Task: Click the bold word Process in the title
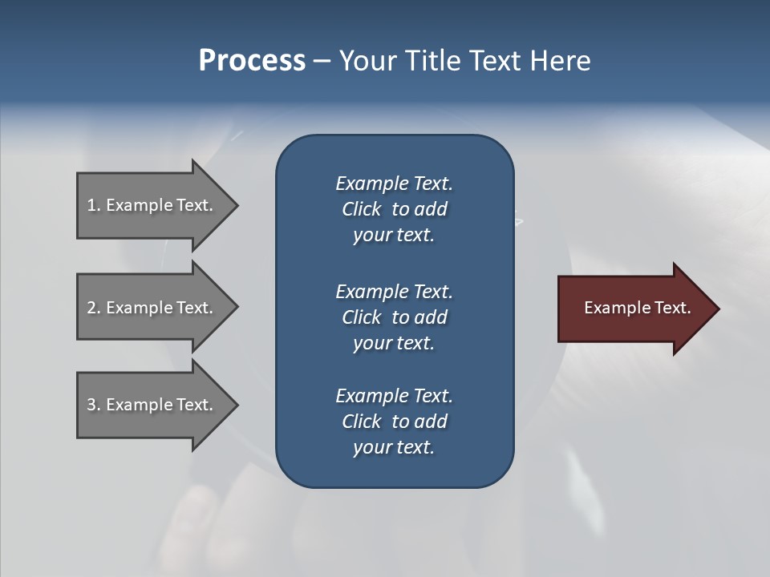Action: pyautogui.click(x=252, y=61)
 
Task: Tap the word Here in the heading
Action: pyautogui.click(x=559, y=61)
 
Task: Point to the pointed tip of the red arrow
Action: pyautogui.click(x=717, y=309)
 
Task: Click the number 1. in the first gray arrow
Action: pyautogui.click(x=94, y=205)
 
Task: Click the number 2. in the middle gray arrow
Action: pyautogui.click(x=94, y=308)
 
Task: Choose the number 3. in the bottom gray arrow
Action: pyautogui.click(x=94, y=405)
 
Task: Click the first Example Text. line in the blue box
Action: pyautogui.click(x=394, y=184)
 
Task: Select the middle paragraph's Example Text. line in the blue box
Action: pyautogui.click(x=394, y=292)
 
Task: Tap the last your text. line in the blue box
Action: pyautogui.click(x=394, y=447)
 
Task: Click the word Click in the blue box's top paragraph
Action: pyautogui.click(x=362, y=209)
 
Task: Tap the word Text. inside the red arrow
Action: pyautogui.click(x=671, y=308)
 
